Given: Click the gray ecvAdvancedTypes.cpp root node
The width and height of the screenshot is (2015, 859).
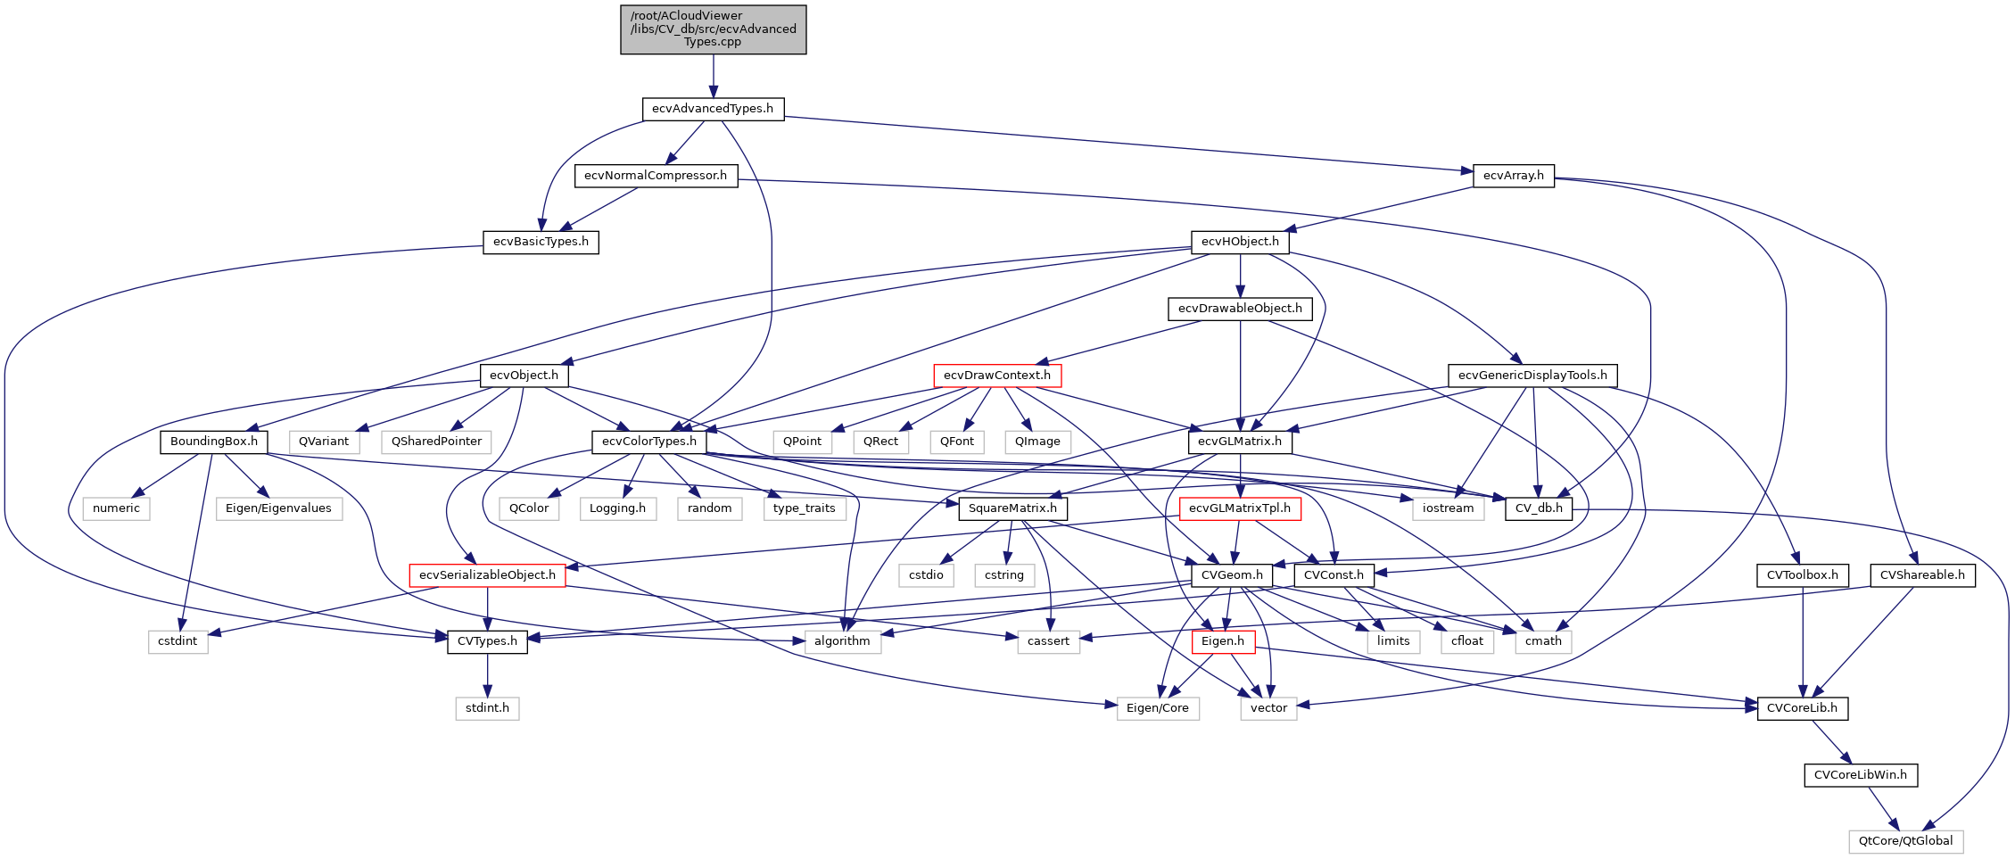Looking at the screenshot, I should (713, 29).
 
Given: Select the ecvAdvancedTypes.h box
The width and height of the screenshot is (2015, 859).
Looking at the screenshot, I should (713, 109).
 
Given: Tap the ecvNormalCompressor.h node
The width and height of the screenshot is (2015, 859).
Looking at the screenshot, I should (656, 176).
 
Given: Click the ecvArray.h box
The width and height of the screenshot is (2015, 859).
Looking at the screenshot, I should (1513, 176).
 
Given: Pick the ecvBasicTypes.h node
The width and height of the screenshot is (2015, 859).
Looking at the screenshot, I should (541, 242).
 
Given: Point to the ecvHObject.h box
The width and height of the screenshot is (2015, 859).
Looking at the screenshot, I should (1240, 242).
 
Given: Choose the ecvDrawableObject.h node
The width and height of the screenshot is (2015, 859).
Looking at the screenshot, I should (1240, 309).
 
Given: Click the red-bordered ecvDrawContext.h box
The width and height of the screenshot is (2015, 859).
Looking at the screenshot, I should (997, 376).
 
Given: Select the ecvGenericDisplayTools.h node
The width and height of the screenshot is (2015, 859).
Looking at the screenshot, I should (1532, 376).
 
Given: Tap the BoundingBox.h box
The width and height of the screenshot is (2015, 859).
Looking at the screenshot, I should (214, 442).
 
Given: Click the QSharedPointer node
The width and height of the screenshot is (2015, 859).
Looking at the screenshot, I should (436, 442).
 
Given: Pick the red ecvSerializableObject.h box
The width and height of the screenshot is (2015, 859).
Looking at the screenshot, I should (487, 575).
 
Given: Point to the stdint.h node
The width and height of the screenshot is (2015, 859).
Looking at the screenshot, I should (487, 708).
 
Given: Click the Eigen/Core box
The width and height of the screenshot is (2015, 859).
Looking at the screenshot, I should (1158, 708).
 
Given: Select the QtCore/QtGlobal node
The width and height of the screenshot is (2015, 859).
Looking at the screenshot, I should (1905, 841).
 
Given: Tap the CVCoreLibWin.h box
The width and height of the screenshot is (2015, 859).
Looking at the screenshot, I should (1861, 775).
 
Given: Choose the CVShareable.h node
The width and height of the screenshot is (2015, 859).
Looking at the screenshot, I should (1922, 575).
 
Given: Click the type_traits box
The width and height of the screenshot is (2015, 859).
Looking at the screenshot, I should (805, 508).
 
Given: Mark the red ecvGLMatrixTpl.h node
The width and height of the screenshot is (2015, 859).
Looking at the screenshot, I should (1240, 508).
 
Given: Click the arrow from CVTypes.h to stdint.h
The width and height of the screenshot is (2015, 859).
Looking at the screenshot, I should (487, 675).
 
